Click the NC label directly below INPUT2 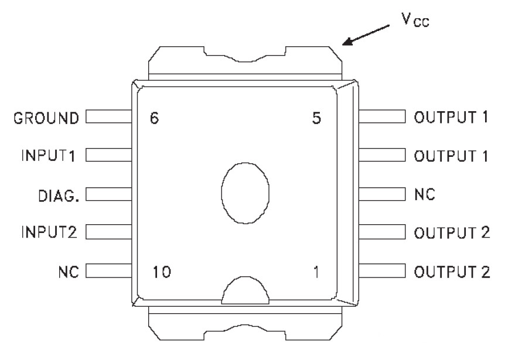[x=69, y=271]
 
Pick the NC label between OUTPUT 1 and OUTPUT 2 [x=424, y=194]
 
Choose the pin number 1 [x=317, y=272]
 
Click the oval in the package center [x=245, y=192]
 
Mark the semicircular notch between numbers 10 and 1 [x=245, y=291]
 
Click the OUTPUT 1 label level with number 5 [x=451, y=117]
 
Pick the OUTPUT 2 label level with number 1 [x=452, y=272]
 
